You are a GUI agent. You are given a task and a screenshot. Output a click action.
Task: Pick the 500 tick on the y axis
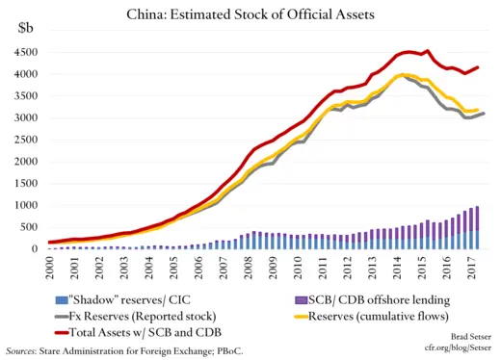(x=32, y=226)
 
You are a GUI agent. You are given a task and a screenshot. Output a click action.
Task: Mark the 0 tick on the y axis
(x=38, y=248)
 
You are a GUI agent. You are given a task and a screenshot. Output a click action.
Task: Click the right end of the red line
(x=478, y=67)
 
